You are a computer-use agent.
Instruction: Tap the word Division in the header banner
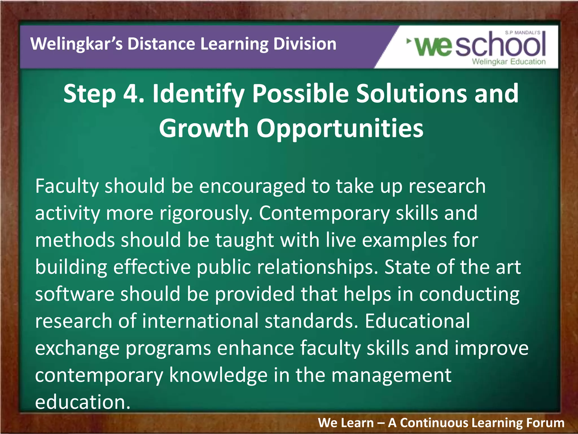(x=305, y=44)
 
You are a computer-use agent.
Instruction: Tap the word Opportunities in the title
(x=340, y=128)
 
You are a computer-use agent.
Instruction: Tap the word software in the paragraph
(x=75, y=294)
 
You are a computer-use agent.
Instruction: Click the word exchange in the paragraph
(x=77, y=348)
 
